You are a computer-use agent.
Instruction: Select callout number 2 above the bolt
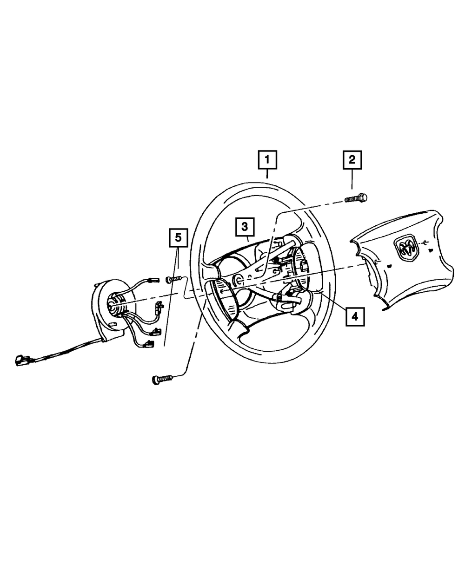[352, 160]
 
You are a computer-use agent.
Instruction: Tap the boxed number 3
[245, 227]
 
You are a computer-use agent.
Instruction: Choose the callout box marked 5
[177, 238]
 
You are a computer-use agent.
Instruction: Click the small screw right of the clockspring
[173, 279]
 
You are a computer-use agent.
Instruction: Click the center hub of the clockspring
[113, 305]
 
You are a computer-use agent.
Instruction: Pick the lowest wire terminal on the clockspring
[150, 344]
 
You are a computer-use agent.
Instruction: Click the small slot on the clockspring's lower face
[113, 324]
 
